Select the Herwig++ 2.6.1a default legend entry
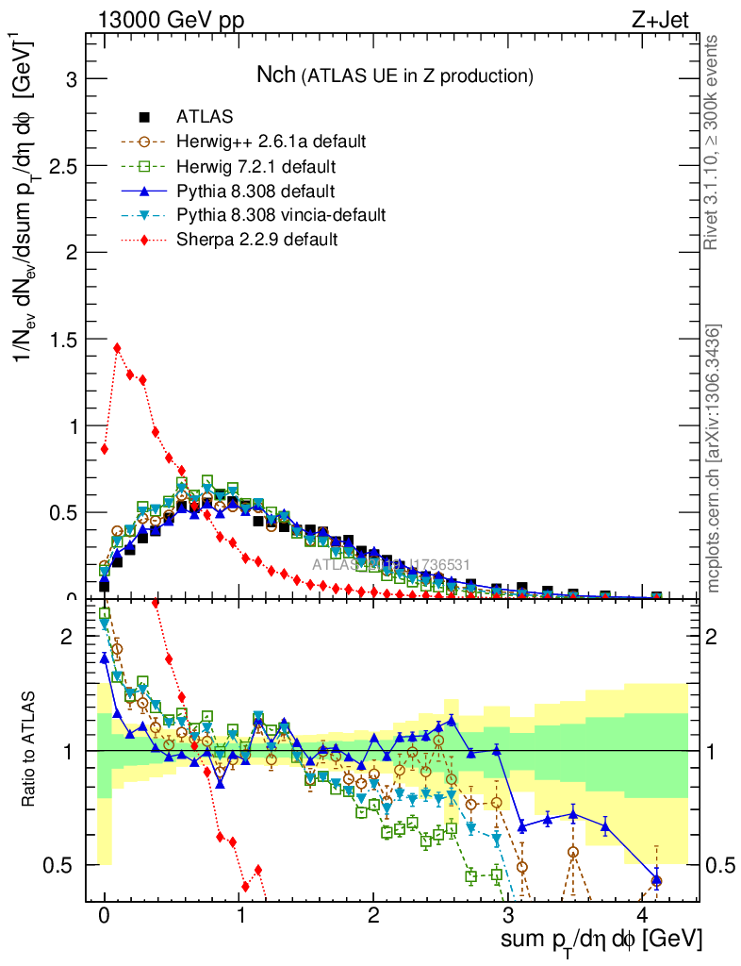(271, 142)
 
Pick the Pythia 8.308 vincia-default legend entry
(281, 215)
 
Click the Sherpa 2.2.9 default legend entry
(256, 240)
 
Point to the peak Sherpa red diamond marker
(117, 348)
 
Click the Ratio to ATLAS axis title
(30, 751)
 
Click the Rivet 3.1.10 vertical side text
(713, 142)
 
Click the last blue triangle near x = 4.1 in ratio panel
(656, 880)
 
